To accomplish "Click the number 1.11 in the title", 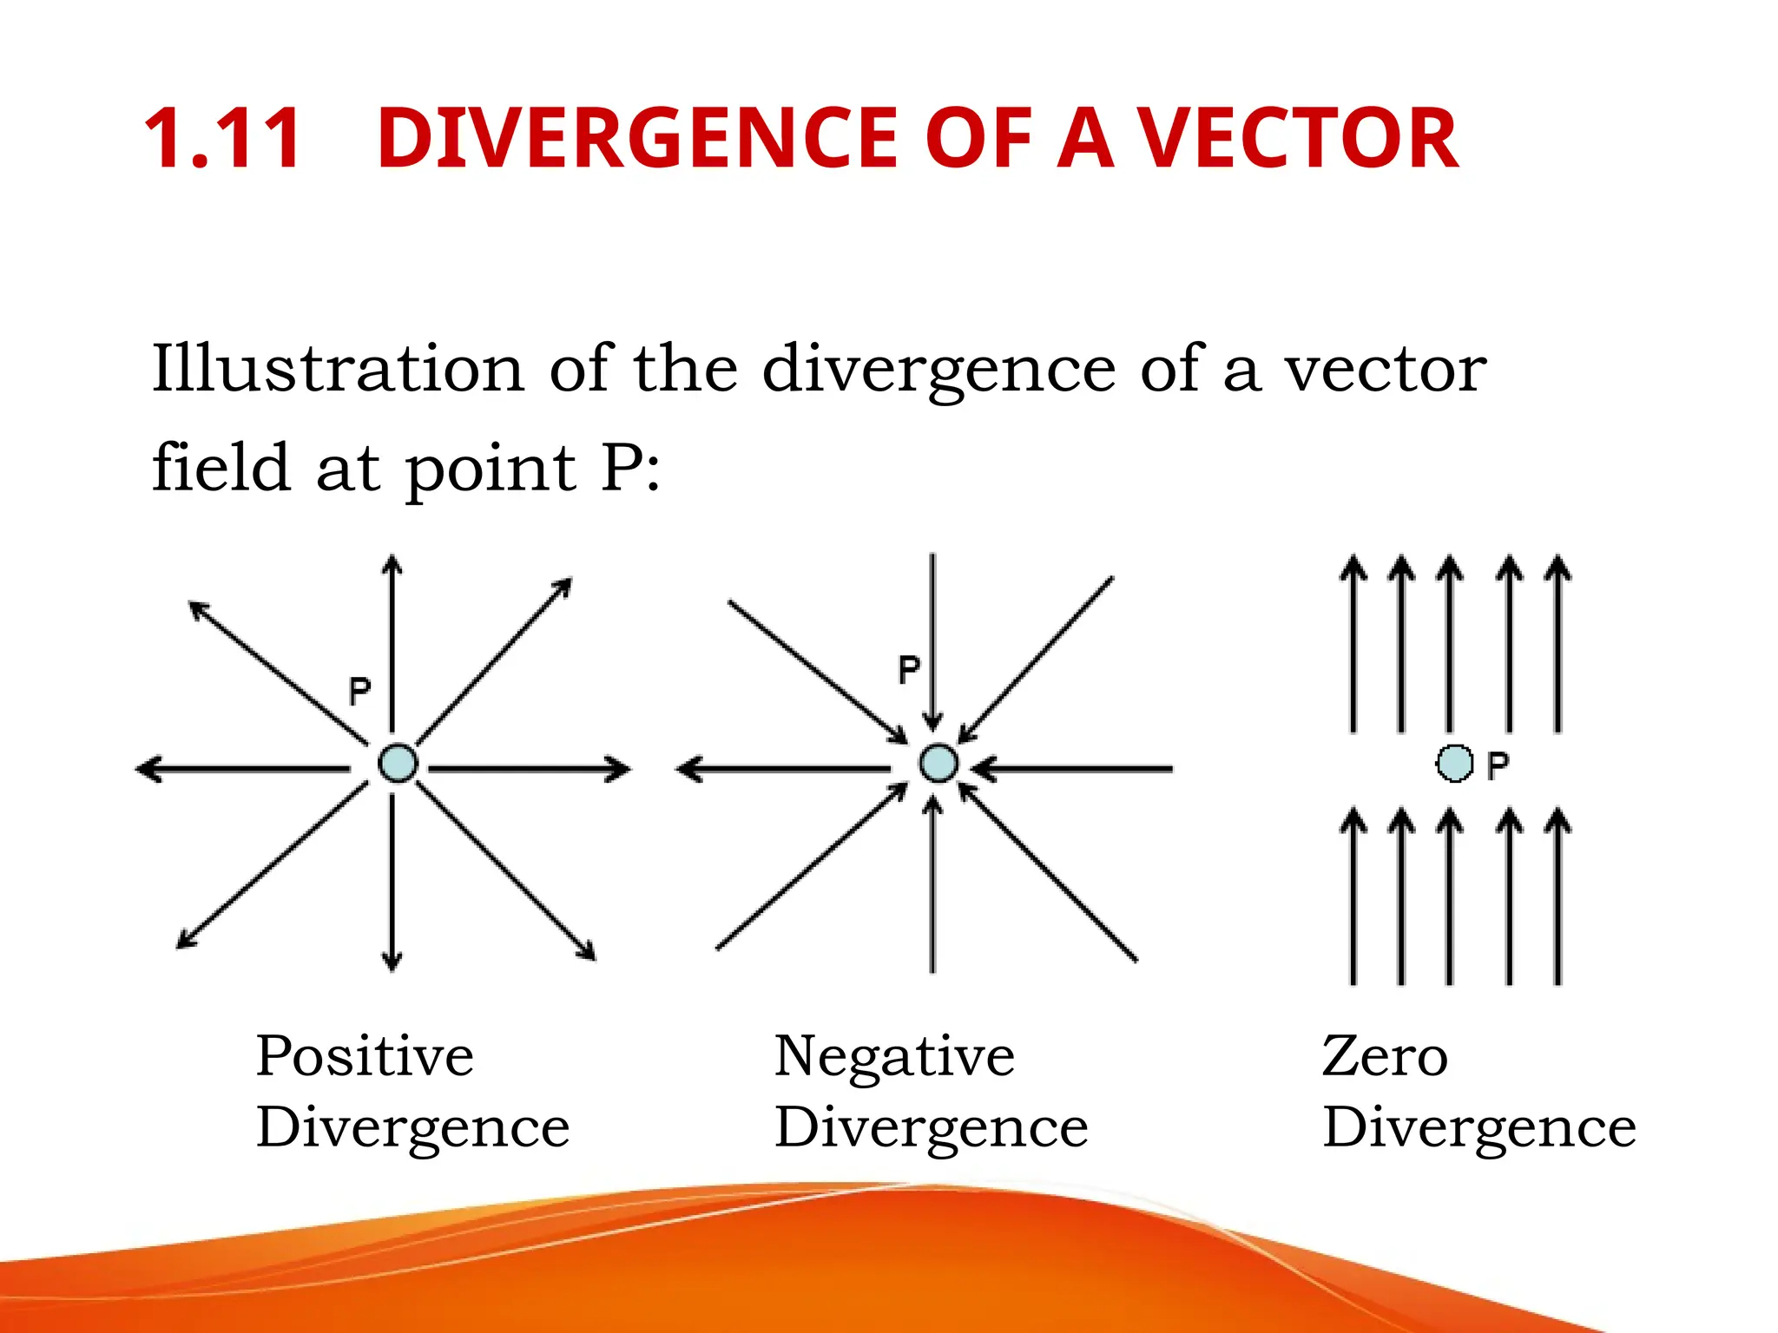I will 222,139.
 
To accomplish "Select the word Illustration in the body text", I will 338,369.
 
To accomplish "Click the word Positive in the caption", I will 365,1056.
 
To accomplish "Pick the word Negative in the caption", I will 894,1056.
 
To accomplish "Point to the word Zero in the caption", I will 1385,1056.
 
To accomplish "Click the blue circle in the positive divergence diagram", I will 398,764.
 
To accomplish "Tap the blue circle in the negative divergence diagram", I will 938,764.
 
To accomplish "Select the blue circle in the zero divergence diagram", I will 1454,764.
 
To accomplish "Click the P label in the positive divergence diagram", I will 359,691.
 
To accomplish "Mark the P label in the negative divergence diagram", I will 909,669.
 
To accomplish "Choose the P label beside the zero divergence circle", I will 1498,765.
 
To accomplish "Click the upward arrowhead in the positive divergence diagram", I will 392,566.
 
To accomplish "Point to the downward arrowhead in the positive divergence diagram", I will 392,960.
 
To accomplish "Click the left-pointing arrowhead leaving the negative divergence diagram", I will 689,769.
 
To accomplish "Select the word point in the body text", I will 491,469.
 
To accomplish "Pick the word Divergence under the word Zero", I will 1478,1127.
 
